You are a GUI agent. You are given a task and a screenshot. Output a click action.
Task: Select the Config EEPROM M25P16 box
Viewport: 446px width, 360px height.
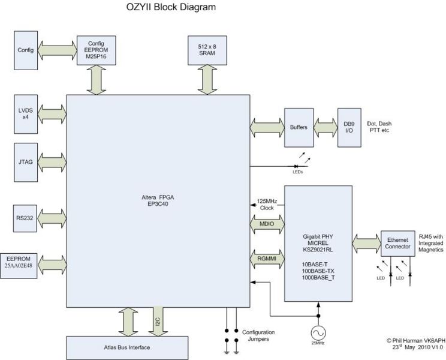(96, 50)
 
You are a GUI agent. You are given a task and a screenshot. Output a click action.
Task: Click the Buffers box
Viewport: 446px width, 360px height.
(298, 127)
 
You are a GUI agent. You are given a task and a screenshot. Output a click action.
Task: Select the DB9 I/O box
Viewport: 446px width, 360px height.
(349, 127)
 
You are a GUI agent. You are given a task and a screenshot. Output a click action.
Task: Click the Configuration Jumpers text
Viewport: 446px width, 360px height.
(258, 336)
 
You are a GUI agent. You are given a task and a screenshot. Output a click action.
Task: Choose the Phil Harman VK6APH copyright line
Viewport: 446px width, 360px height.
(412, 340)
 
